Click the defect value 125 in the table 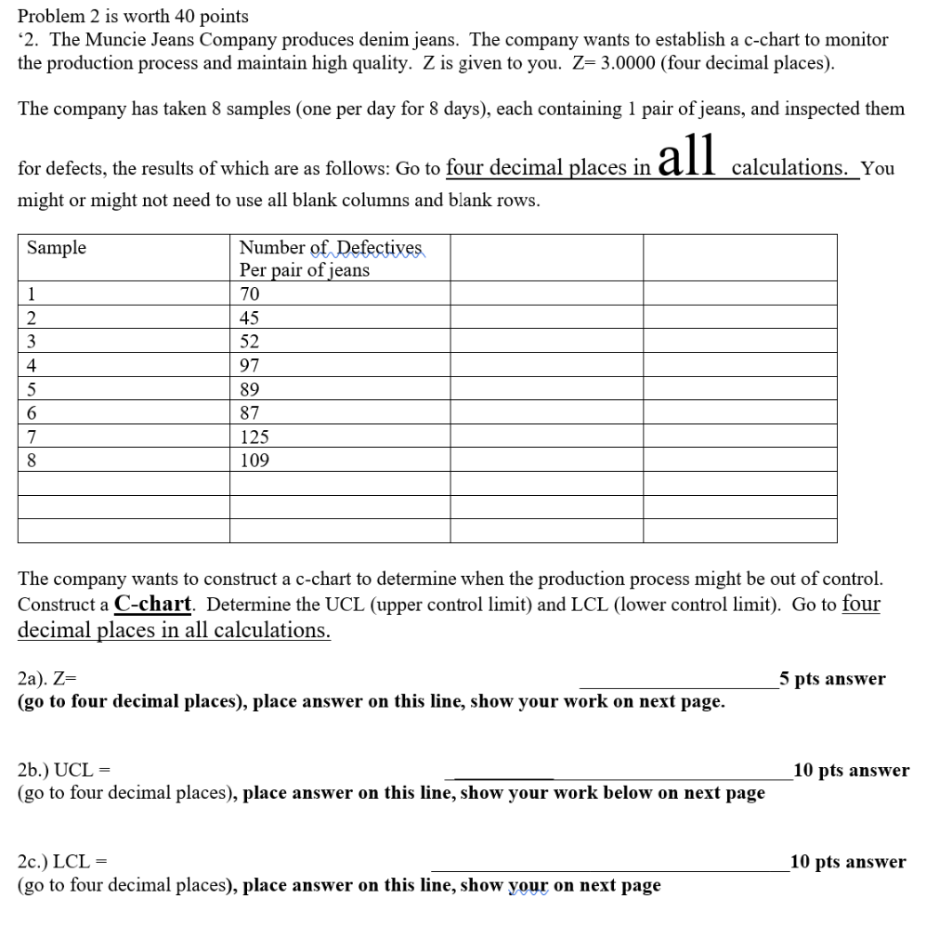pos(254,436)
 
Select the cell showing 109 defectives pos(254,461)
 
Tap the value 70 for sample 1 pos(250,294)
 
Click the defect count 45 pos(250,319)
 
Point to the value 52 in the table pos(250,342)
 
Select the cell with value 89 pos(250,389)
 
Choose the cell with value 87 pos(250,413)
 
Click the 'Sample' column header pos(57,248)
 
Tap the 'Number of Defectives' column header pos(331,248)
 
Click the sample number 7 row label pos(32,436)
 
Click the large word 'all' pos(687,156)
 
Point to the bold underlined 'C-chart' pos(153,604)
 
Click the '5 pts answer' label pos(833,679)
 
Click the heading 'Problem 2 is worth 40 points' pos(134,17)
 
